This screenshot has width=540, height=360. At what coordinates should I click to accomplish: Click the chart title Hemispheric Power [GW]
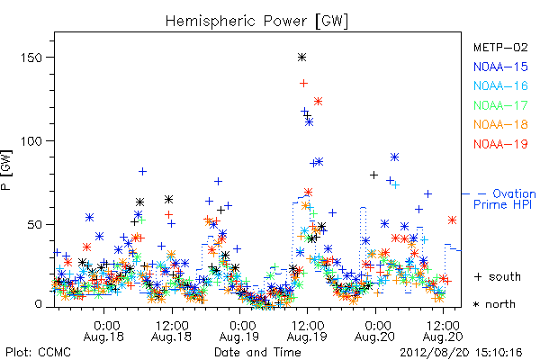[x=256, y=22]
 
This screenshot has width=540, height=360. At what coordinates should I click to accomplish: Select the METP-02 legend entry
[x=500, y=47]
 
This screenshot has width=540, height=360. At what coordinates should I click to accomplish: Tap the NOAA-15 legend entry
[x=500, y=67]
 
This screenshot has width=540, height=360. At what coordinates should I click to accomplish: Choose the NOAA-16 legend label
[x=500, y=85]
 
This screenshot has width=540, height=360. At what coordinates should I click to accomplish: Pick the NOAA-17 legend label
[x=500, y=105]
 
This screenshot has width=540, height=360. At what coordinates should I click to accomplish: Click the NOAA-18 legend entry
[x=500, y=124]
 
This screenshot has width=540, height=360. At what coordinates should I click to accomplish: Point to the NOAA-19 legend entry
[x=500, y=144]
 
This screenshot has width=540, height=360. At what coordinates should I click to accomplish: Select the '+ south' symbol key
[x=498, y=276]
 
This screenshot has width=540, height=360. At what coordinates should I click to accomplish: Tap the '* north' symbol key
[x=494, y=304]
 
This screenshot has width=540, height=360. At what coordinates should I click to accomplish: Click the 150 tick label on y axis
[x=31, y=58]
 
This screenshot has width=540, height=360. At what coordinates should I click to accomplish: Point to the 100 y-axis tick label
[x=31, y=141]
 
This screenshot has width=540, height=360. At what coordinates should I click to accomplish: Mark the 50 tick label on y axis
[x=34, y=225]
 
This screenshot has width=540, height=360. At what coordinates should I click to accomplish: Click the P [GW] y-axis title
[x=6, y=170]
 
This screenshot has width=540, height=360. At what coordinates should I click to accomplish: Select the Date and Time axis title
[x=257, y=352]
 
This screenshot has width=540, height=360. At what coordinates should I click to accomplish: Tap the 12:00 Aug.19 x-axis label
[x=307, y=331]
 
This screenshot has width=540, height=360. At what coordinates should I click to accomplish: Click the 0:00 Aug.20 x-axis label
[x=374, y=331]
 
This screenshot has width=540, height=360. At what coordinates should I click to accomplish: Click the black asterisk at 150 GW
[x=302, y=58]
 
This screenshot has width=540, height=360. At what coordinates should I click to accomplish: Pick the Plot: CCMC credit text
[x=38, y=353]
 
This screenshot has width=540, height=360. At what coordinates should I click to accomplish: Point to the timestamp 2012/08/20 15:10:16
[x=461, y=353]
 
